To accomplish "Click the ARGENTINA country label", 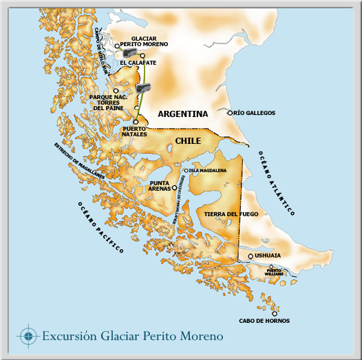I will (x=182, y=114).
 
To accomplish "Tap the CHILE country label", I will (x=188, y=140).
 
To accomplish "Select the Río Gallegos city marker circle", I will (x=231, y=112).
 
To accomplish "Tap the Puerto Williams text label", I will (x=275, y=273).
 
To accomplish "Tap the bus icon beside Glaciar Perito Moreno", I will (x=129, y=51).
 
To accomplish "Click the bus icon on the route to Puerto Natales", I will (x=144, y=88).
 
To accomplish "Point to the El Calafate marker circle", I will (x=142, y=55).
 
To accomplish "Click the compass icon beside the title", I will (x=28, y=336).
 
